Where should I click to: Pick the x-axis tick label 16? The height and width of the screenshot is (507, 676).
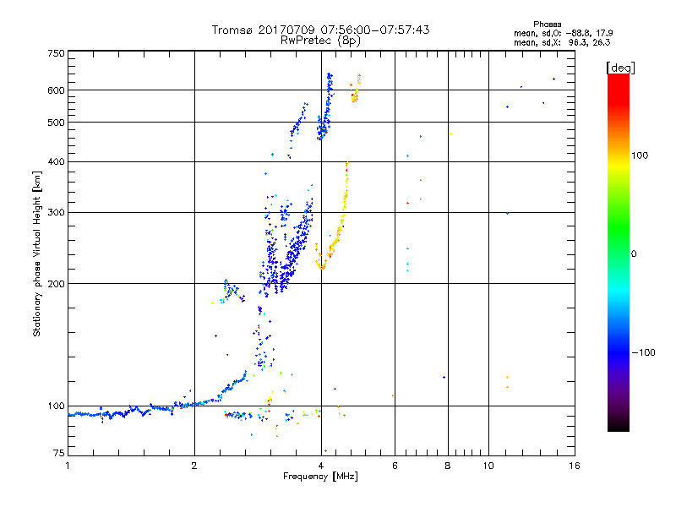tap(574, 466)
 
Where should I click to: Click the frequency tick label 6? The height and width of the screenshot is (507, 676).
tap(395, 466)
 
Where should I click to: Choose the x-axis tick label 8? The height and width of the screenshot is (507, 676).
tap(448, 466)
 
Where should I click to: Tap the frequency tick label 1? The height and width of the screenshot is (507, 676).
tap(68, 466)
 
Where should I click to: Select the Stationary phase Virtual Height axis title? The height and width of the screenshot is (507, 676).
tap(37, 253)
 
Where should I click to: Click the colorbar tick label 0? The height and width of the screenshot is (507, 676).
tap(634, 253)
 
